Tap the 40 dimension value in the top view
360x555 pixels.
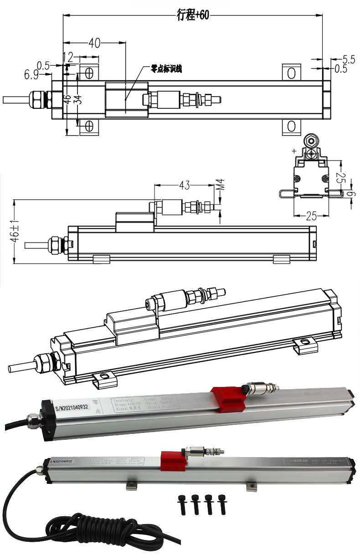click(x=94, y=43)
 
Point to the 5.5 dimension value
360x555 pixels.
click(x=349, y=59)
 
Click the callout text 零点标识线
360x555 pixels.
click(x=166, y=69)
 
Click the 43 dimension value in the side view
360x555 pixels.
click(x=184, y=185)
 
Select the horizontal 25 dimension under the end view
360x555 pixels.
click(x=311, y=217)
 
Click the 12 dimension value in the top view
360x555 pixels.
click(x=67, y=57)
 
